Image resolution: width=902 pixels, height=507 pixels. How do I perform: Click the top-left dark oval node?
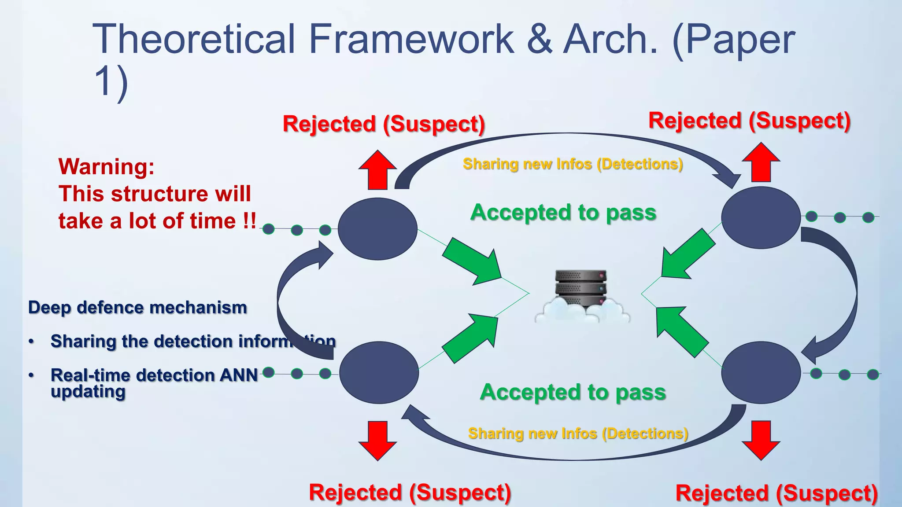click(377, 228)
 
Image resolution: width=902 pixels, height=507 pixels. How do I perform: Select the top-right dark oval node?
click(761, 217)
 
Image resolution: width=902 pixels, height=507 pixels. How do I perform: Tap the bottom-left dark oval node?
click(379, 373)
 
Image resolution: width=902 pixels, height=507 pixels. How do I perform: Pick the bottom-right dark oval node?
click(761, 373)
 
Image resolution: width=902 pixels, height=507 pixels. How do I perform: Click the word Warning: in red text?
click(107, 167)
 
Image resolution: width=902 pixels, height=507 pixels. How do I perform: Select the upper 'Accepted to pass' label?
click(563, 213)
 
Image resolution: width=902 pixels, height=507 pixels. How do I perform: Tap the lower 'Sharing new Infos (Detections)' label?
click(578, 434)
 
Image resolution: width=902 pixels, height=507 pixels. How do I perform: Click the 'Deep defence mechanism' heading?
click(137, 308)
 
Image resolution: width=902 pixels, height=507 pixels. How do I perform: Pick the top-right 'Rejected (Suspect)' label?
click(750, 121)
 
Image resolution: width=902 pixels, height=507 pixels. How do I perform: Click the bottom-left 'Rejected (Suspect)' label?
click(410, 492)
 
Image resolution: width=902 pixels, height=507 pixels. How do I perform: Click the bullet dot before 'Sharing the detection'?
click(31, 342)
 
